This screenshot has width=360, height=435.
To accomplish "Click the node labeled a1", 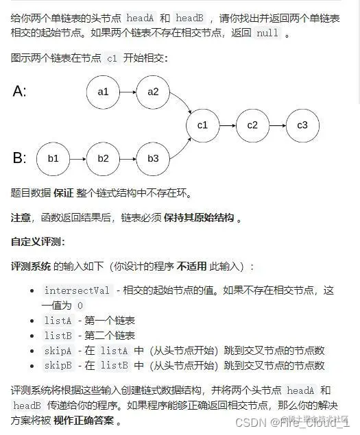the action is tap(103, 91).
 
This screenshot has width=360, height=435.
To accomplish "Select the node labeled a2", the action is tap(153, 91).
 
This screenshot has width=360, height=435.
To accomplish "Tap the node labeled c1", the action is tap(202, 125).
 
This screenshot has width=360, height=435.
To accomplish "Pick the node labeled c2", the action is tap(252, 125).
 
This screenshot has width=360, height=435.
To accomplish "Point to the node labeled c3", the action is tap(302, 125).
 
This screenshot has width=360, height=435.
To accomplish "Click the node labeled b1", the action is tap(53, 158).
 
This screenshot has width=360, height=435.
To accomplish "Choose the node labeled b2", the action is tap(103, 158).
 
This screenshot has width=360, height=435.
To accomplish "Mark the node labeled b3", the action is tap(153, 158).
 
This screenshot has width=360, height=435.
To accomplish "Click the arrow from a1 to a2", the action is tap(128, 91).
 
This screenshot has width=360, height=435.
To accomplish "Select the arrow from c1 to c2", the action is tap(227, 125).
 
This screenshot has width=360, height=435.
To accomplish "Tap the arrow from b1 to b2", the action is tap(77, 158).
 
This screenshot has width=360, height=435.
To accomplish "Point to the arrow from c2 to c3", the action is tap(277, 125).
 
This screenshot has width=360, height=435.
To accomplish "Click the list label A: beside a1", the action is tap(20, 91).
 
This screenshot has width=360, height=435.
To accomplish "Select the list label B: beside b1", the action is tap(20, 158).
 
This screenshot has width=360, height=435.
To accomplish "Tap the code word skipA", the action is tap(58, 351).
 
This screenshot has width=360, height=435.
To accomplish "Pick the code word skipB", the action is tap(58, 366).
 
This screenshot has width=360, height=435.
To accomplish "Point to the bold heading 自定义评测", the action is tap(38, 242).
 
